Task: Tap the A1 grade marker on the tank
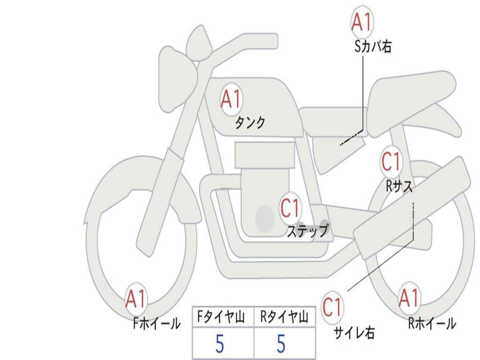[x=231, y=99]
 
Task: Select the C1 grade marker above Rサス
[x=391, y=162]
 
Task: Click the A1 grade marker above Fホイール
[x=136, y=299]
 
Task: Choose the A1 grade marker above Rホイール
[x=409, y=298]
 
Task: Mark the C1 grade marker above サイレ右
[x=332, y=307]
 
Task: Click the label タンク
[x=250, y=123]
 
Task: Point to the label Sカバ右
[x=373, y=46]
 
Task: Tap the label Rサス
[x=399, y=186]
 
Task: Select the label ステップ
[x=308, y=231]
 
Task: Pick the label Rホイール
[x=432, y=323]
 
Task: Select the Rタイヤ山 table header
[x=284, y=318]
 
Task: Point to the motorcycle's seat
[x=412, y=91]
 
